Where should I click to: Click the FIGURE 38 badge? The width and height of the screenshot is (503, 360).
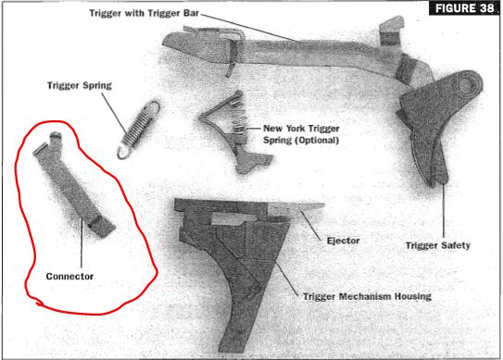tap(464, 8)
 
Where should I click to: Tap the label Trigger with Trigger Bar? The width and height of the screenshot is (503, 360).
tap(144, 13)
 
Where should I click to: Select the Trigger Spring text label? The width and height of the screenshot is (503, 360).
tap(80, 85)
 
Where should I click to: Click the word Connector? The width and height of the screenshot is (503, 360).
tap(69, 276)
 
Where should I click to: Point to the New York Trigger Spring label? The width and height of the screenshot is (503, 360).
tap(301, 134)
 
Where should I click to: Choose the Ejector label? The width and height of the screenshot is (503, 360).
tap(343, 241)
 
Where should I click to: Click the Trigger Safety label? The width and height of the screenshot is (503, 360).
tap(438, 245)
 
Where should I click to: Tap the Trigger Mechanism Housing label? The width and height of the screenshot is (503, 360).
tap(367, 296)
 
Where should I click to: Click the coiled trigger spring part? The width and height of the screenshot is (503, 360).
tap(139, 130)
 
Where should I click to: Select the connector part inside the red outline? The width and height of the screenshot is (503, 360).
tap(74, 184)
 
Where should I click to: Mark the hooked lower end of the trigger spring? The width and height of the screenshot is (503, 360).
tap(123, 153)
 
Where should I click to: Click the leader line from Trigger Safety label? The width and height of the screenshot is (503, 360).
tap(444, 212)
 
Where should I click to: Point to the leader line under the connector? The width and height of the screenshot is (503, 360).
tap(82, 242)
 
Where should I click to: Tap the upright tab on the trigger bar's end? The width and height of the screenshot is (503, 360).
tap(391, 31)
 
